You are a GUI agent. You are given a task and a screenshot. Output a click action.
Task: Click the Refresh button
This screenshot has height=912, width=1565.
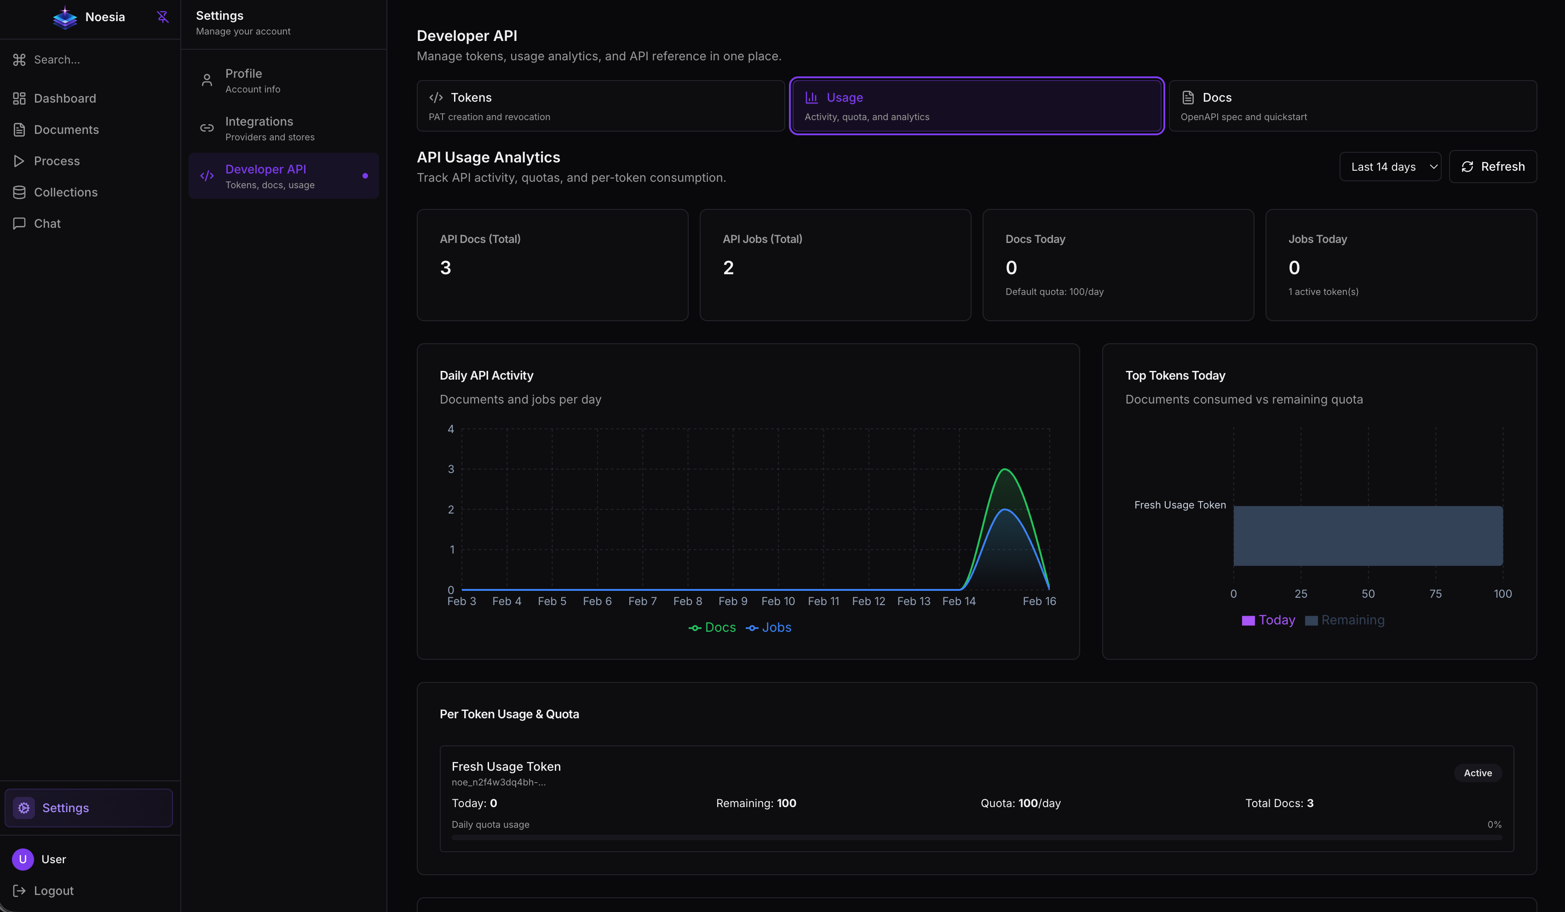coord(1492,167)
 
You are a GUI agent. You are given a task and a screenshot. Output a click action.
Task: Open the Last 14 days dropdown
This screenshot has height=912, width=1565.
coord(1390,167)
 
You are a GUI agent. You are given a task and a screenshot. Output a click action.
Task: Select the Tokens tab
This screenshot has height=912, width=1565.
coord(600,106)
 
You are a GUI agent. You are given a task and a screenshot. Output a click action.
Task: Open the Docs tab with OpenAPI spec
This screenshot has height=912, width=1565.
coord(1352,106)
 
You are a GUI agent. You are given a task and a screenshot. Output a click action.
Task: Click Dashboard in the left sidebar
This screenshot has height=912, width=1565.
coord(64,98)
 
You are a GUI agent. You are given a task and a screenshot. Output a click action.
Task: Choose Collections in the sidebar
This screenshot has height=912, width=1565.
coord(65,192)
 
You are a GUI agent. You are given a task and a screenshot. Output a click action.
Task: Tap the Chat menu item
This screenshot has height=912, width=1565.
coord(47,224)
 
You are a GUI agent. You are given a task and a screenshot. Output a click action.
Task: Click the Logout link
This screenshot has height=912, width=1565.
coord(53,890)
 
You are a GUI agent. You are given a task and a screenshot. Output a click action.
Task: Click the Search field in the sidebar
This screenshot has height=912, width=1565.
coord(57,60)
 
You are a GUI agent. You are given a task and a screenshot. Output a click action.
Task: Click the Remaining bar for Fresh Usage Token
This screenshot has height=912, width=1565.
coord(1368,536)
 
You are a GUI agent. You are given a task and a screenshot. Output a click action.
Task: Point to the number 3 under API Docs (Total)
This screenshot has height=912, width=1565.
coord(445,268)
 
